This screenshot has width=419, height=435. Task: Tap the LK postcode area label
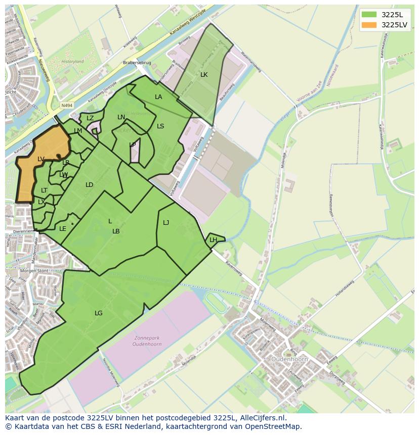pyautogui.click(x=204, y=75)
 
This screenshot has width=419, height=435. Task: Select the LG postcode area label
pyautogui.click(x=99, y=313)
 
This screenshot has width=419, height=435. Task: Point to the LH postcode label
pyautogui.click(x=213, y=240)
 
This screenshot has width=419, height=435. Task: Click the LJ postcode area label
pyautogui.click(x=166, y=222)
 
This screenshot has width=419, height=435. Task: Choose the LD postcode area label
pyautogui.click(x=90, y=185)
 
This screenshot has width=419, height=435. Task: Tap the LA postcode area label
pyautogui.click(x=158, y=97)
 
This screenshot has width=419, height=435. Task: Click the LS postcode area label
pyautogui.click(x=160, y=126)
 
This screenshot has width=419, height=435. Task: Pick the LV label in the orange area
pyautogui.click(x=41, y=159)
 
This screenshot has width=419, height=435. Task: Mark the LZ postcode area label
pyautogui.click(x=90, y=118)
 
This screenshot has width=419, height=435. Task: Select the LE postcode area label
pyautogui.click(x=63, y=229)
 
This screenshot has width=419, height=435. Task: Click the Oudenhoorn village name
pyautogui.click(x=289, y=359)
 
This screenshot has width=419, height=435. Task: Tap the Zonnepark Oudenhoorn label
pyautogui.click(x=149, y=342)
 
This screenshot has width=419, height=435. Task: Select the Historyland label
pyautogui.click(x=72, y=62)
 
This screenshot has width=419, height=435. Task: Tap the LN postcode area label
pyautogui.click(x=121, y=117)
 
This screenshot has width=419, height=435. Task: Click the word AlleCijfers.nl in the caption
pyautogui.click(x=262, y=418)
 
